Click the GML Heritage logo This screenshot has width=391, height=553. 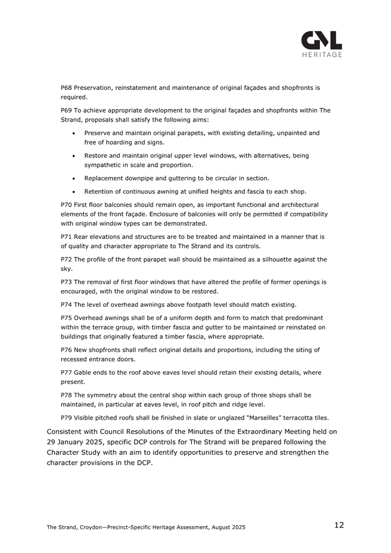click(x=321, y=44)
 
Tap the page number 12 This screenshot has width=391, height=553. click(x=339, y=525)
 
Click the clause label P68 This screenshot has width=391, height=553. click(x=67, y=88)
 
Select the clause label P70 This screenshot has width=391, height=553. click(x=67, y=204)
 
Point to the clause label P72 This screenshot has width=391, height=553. click(x=67, y=259)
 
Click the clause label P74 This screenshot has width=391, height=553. click(x=67, y=304)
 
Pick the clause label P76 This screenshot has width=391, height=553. click(x=67, y=350)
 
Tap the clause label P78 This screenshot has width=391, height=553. click(x=67, y=394)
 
